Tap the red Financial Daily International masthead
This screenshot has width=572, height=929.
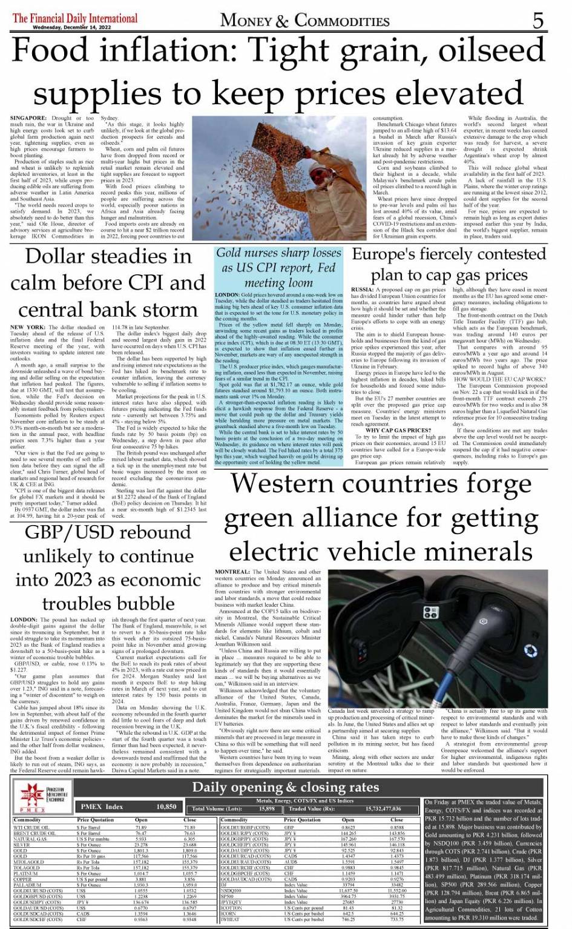pos(75,18)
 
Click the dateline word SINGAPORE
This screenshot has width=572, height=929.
pos(28,118)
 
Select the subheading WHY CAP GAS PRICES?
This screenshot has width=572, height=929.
pos(398,431)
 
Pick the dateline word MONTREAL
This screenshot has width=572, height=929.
pos(232,572)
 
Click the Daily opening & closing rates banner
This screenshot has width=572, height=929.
pos(285,787)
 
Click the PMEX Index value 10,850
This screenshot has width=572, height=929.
pos(166,807)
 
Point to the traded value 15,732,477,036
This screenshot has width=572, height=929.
pos(383,808)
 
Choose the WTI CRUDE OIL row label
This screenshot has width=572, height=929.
pos(31,827)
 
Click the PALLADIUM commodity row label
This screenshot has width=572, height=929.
pos(27,885)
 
